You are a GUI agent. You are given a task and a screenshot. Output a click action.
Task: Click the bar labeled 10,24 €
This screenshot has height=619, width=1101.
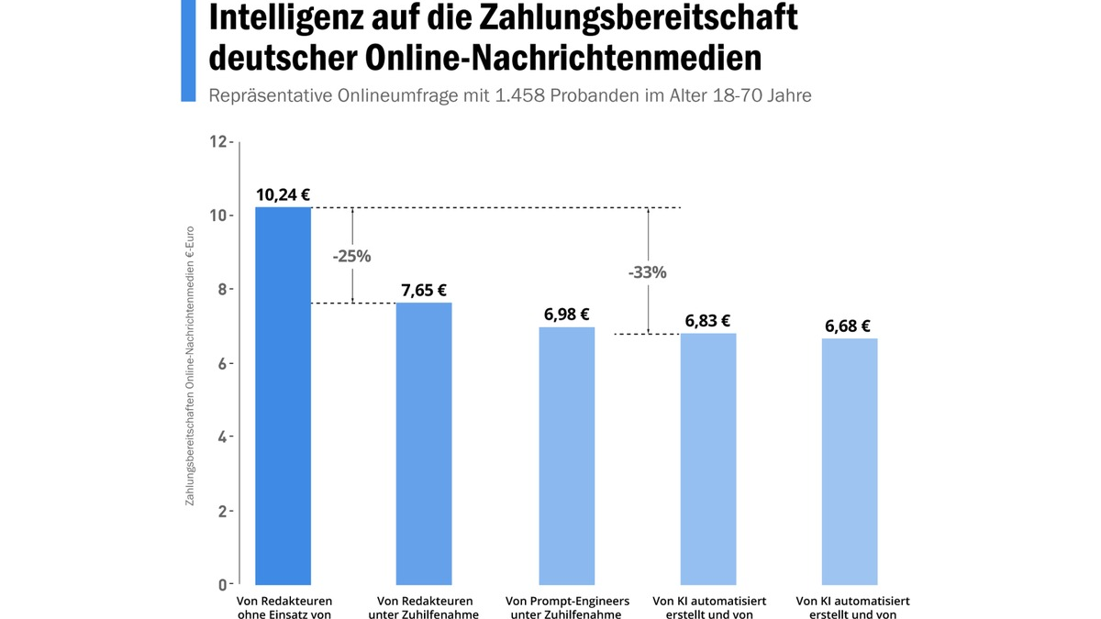(x=283, y=395)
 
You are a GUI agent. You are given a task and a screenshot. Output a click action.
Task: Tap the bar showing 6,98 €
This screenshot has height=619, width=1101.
(x=566, y=455)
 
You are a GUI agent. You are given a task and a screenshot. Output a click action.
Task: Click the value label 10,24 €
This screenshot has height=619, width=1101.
(x=283, y=194)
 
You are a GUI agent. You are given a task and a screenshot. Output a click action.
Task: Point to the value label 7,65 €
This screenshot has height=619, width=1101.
(x=424, y=290)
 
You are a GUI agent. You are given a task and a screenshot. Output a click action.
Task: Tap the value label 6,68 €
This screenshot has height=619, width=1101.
(x=848, y=326)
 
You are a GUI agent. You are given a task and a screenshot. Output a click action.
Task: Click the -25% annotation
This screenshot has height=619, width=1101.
(x=351, y=256)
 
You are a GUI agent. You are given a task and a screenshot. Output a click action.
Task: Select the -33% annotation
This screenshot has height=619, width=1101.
(x=647, y=272)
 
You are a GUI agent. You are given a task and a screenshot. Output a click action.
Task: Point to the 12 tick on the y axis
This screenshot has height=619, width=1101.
(x=217, y=141)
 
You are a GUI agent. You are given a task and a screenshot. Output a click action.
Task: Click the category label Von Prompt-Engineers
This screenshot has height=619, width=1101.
(x=567, y=601)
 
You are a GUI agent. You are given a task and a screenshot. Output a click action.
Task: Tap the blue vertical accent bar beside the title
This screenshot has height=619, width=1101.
(x=188, y=50)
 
